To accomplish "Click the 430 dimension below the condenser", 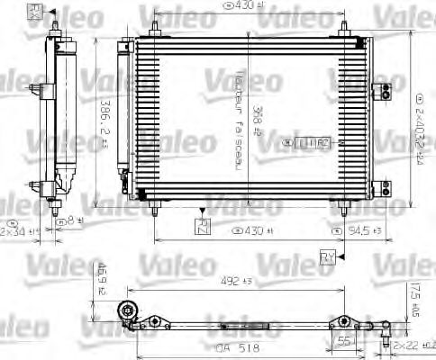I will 255,230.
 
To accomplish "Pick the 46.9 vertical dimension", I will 101,272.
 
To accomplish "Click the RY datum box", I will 327,258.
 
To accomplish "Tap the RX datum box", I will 35,10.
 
